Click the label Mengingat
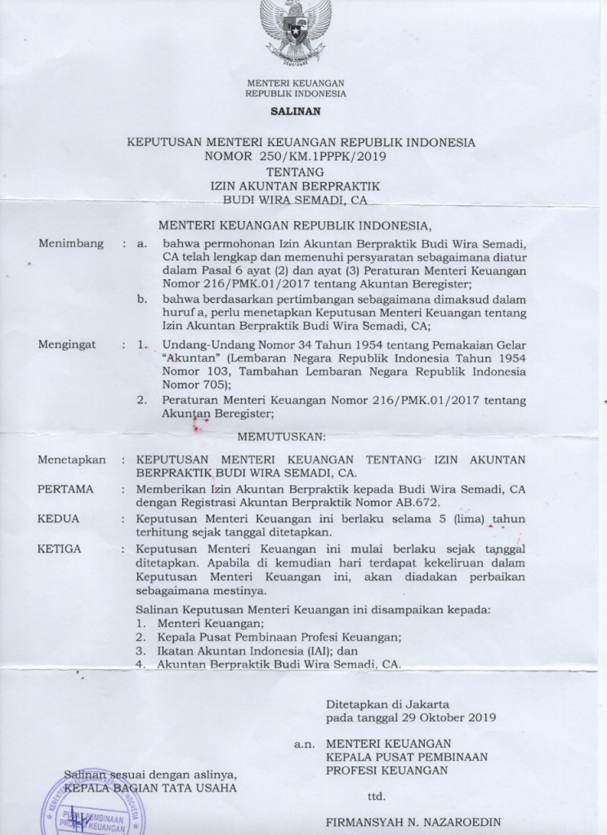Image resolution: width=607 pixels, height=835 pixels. pyautogui.click(x=67, y=345)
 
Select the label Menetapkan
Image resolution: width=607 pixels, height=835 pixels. pyautogui.click(x=72, y=460)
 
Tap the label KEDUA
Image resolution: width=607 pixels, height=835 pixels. pyautogui.click(x=60, y=518)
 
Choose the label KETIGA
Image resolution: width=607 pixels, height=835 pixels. pyautogui.click(x=61, y=548)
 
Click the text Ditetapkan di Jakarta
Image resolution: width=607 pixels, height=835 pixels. pyautogui.click(x=384, y=703)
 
